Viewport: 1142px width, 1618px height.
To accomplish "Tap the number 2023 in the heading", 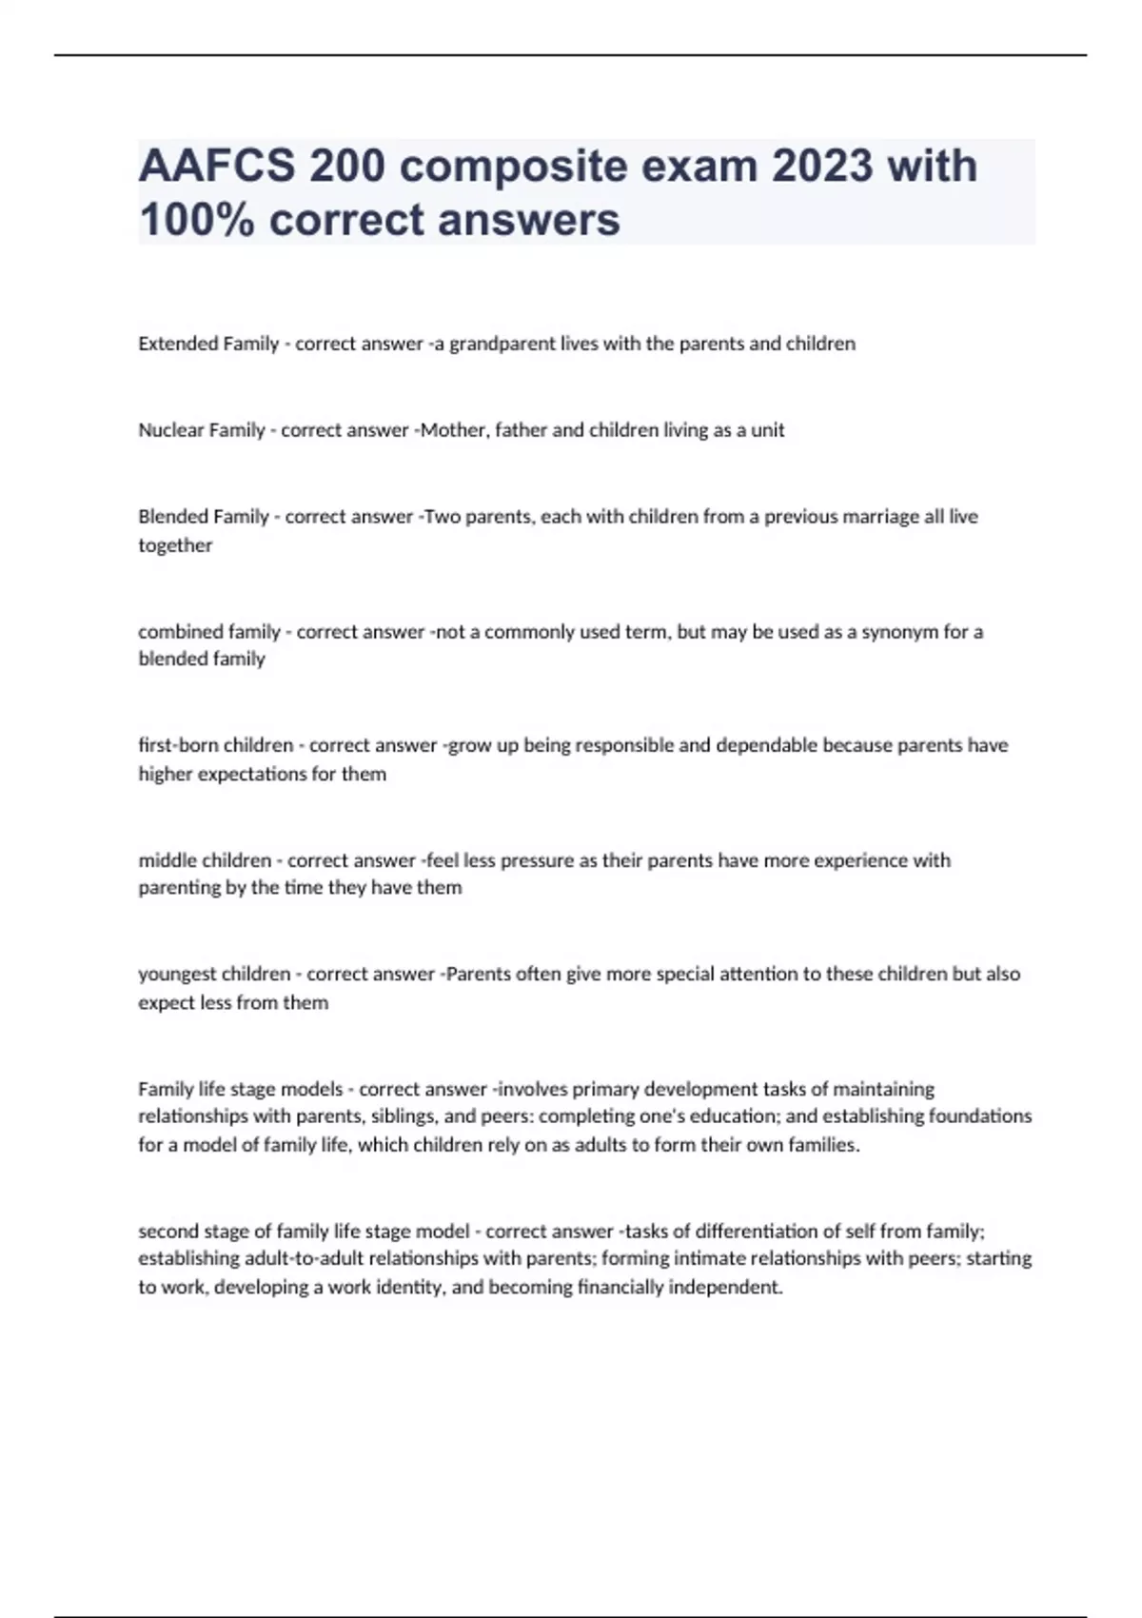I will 822,167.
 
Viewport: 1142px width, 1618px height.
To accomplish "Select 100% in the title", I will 196,220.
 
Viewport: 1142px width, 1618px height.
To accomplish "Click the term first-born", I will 178,745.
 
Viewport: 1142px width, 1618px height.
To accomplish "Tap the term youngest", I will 177,975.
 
